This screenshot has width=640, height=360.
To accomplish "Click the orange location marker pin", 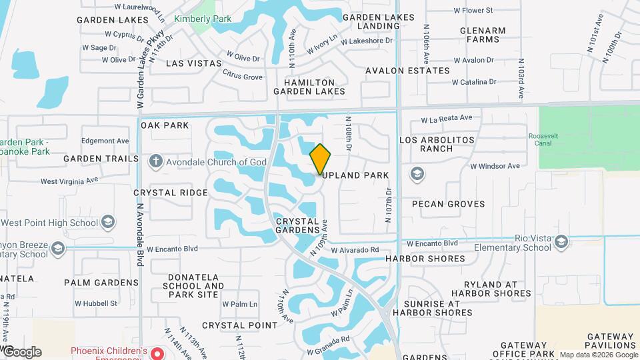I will click(320, 159).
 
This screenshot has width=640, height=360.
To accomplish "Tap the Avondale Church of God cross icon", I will click(155, 161).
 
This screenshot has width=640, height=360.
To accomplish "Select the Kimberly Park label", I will click(203, 19).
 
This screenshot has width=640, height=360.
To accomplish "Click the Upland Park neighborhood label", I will click(357, 175).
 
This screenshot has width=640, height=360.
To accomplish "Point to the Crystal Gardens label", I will click(297, 225).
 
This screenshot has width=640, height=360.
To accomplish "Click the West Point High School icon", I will click(108, 223).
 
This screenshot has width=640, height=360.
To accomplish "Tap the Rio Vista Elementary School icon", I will click(561, 241).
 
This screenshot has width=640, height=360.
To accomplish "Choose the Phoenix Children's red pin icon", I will click(156, 353).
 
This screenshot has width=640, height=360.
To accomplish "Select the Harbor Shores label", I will click(425, 259).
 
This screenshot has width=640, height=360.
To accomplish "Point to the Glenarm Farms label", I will click(483, 35).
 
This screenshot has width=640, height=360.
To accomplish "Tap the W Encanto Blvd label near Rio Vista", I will click(433, 243).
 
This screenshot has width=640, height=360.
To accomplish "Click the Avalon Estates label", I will click(407, 71).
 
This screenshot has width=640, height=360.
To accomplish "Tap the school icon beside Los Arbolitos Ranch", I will click(417, 174).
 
